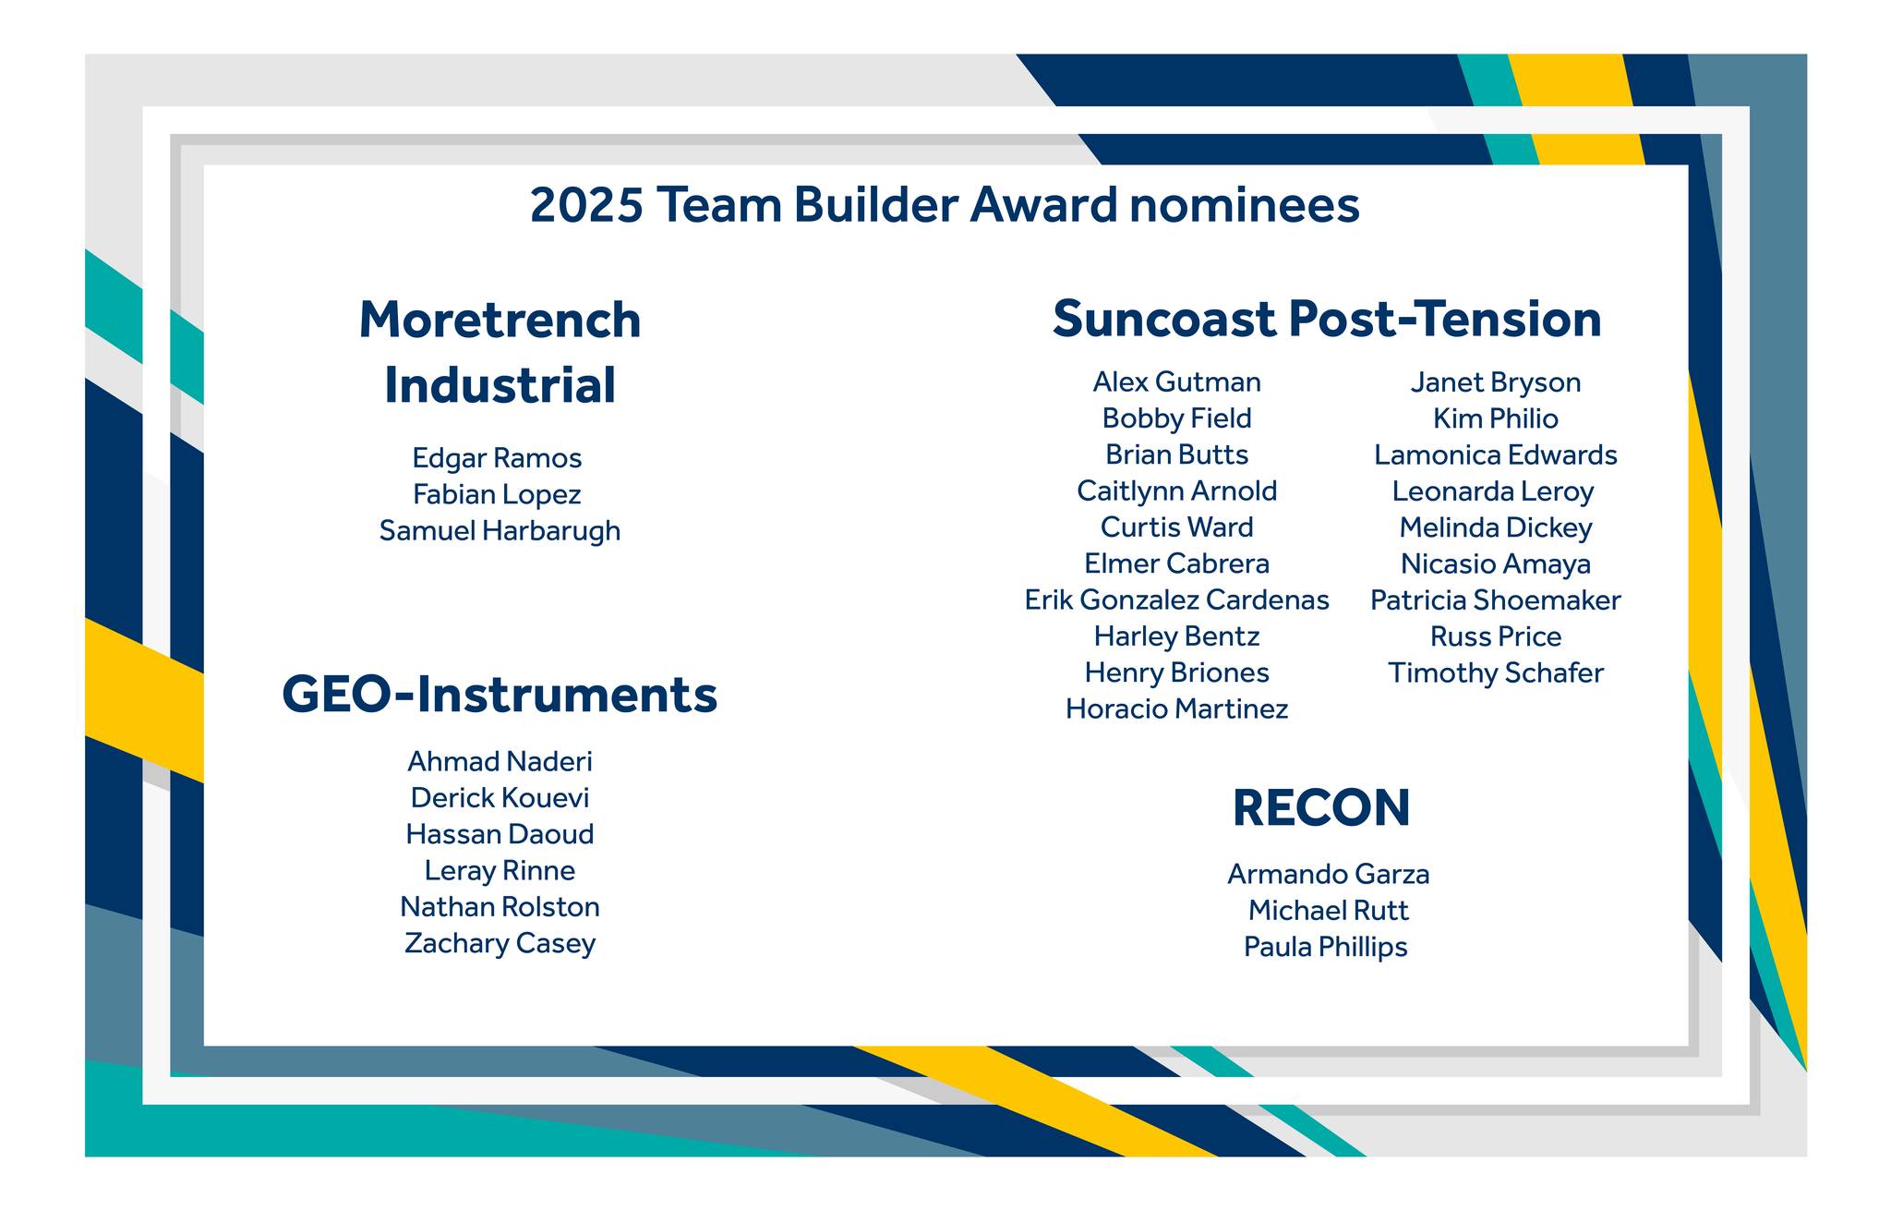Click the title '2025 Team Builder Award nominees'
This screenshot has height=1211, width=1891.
[x=945, y=205]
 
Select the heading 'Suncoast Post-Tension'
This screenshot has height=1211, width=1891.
[x=1327, y=320]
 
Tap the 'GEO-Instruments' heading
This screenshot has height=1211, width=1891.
[x=500, y=695]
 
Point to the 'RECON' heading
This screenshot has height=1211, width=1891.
[x=1321, y=808]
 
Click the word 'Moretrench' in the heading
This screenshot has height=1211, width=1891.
[x=500, y=321]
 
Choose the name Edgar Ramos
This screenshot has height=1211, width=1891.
[x=497, y=458]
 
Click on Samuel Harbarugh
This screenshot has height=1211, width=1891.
[x=500, y=531]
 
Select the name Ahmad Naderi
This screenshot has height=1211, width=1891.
[x=500, y=761]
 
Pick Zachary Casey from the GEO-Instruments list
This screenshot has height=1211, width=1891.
[x=500, y=944]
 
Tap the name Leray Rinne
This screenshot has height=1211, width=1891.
[x=500, y=871]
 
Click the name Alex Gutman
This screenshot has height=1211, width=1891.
[x=1176, y=382]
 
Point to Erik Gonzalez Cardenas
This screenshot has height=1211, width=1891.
[x=1176, y=600]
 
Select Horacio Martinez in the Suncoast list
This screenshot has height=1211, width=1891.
[x=1176, y=709]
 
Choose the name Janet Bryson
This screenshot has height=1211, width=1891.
[x=1495, y=382]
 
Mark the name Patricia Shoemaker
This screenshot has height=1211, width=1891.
[x=1495, y=600]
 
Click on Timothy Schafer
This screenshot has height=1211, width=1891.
[x=1495, y=673]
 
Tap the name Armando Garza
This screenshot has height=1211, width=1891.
[x=1328, y=874]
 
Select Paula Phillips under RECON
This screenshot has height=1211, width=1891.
[x=1325, y=947]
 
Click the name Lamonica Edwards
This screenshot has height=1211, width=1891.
[x=1495, y=455]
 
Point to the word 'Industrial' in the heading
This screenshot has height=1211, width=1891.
[x=500, y=386]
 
